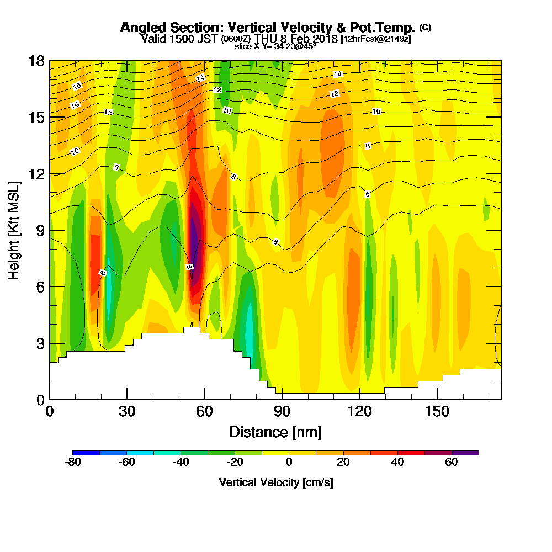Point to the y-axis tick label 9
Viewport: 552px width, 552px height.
40,230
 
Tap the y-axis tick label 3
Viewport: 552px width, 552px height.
40,343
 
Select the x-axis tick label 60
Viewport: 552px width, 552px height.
205,411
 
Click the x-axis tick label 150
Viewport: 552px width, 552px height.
437,411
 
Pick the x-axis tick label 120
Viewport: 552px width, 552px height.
359,411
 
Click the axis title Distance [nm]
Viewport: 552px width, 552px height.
275,432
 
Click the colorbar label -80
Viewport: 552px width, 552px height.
73,463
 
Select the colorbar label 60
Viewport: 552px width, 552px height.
452,463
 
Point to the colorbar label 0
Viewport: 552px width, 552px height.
289,463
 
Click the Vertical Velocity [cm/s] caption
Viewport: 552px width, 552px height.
275,482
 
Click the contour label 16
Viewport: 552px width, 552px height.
77,86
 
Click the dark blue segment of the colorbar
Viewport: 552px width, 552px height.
86,453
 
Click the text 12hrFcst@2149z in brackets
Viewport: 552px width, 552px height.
376,39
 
